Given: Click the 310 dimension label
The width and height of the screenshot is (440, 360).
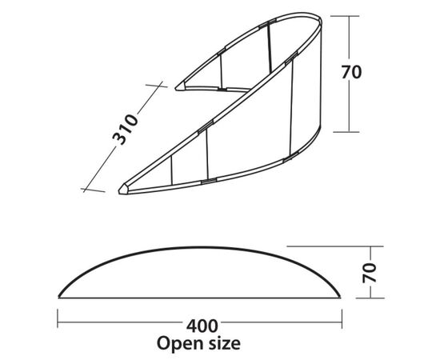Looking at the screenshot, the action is pyautogui.click(x=125, y=129).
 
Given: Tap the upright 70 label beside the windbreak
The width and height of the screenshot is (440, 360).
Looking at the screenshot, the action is pyautogui.click(x=351, y=72).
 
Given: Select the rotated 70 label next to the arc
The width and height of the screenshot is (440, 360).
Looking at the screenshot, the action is pyautogui.click(x=370, y=273).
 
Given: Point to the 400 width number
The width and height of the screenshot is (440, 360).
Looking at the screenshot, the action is pyautogui.click(x=202, y=326).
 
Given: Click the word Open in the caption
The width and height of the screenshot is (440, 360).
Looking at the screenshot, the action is pyautogui.click(x=178, y=343).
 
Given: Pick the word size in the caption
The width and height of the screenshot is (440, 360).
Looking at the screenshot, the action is pyautogui.click(x=222, y=343).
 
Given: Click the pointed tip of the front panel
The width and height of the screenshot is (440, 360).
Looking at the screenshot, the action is pyautogui.click(x=119, y=190).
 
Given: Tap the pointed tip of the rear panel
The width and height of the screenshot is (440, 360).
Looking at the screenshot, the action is pyautogui.click(x=176, y=88).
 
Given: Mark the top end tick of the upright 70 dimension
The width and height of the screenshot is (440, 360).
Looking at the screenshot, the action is pyautogui.click(x=345, y=16).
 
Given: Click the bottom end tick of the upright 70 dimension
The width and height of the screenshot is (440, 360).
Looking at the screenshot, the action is pyautogui.click(x=346, y=131).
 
